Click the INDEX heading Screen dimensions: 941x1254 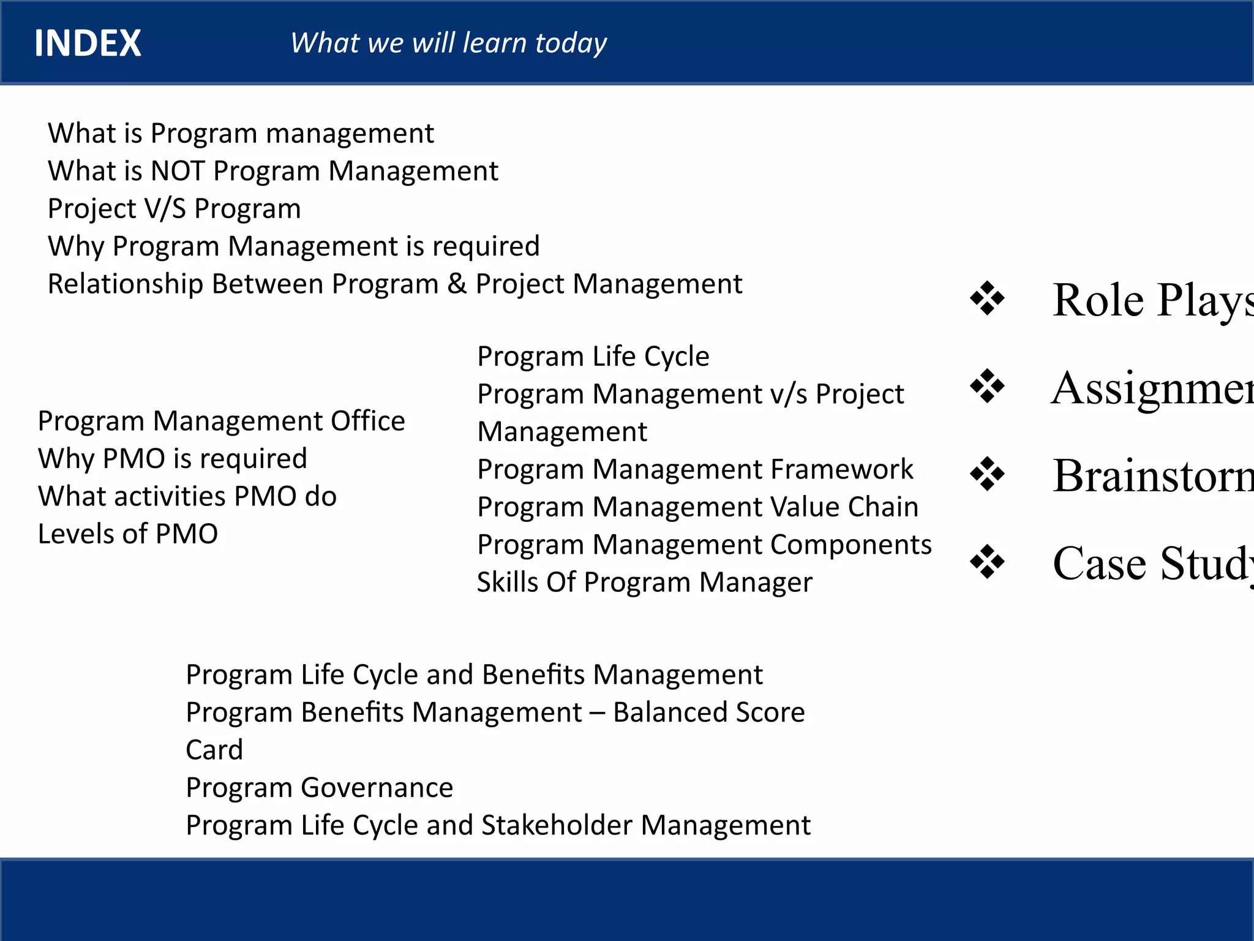pos(88,43)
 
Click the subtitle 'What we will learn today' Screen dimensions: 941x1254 pos(448,43)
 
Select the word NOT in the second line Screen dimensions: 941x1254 pos(178,171)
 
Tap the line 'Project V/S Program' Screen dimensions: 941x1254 pos(174,209)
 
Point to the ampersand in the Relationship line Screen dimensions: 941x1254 pos(457,284)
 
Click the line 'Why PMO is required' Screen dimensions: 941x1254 pos(172,459)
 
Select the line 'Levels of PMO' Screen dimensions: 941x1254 pos(127,534)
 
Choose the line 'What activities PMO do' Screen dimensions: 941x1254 pos(187,496)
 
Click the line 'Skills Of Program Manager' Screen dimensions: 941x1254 pos(644,583)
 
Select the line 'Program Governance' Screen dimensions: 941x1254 pos(319,788)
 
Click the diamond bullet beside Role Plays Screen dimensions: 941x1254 pos(987,299)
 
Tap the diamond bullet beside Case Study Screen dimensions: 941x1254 pos(987,562)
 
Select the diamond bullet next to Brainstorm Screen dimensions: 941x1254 pos(987,474)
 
